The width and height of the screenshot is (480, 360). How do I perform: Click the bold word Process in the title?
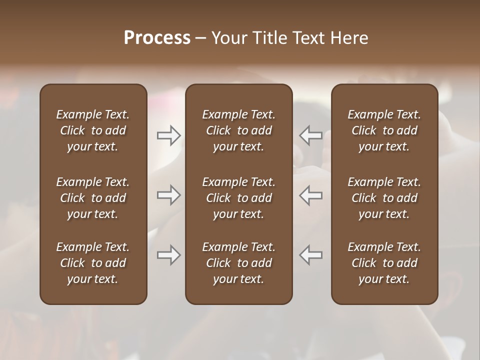point(157,38)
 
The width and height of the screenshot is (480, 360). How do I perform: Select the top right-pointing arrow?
point(169,135)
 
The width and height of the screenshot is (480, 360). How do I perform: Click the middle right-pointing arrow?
point(169,195)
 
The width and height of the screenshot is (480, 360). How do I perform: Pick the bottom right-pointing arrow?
point(169,255)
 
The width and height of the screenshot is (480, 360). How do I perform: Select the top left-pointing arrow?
point(310,135)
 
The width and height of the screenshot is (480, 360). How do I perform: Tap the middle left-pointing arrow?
point(310,195)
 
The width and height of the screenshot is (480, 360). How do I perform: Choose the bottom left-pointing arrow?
point(310,255)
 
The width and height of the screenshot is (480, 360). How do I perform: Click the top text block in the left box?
point(93,130)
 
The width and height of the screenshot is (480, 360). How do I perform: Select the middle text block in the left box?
point(93,198)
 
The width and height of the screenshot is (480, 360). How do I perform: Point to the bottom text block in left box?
point(93,263)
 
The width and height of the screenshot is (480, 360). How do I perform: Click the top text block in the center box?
point(238,130)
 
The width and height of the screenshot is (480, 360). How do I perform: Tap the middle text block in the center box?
point(238,198)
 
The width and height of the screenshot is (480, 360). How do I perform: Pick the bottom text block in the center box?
point(238,263)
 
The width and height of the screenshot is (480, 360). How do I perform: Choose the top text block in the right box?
point(384,130)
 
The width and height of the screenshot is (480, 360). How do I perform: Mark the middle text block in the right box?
point(384,198)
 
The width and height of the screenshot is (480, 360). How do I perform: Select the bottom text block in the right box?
point(384,263)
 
